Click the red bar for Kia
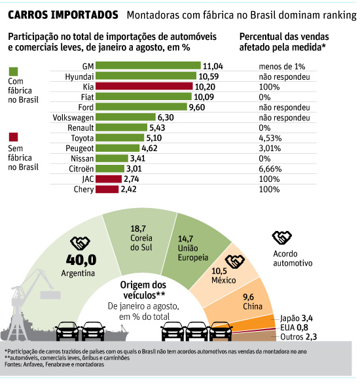click(x=144, y=86)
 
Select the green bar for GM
click(x=148, y=65)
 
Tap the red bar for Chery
click(x=107, y=189)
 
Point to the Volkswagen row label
click(x=73, y=118)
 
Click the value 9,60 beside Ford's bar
click(x=197, y=107)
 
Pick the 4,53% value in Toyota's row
click(x=270, y=138)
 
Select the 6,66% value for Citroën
click(x=270, y=169)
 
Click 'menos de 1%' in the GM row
click(x=282, y=66)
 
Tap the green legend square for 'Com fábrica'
click(x=13, y=71)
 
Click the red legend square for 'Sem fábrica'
click(x=13, y=137)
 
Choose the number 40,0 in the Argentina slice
click(x=81, y=260)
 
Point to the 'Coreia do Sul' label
click(x=141, y=243)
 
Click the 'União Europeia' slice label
click(x=193, y=253)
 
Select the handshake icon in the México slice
click(x=235, y=262)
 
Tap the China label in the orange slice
click(x=253, y=306)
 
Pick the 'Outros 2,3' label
click(x=298, y=337)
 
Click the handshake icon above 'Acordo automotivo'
click(x=282, y=237)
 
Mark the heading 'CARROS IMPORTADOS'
click(x=63, y=15)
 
